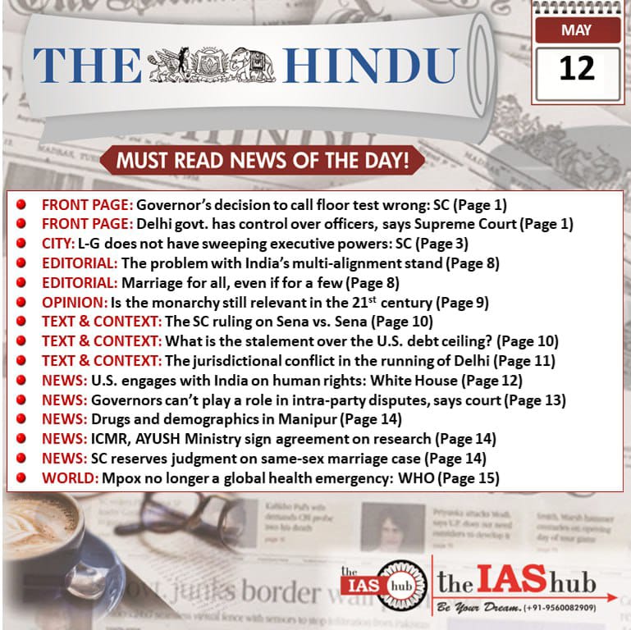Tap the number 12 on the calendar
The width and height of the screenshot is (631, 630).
pyautogui.click(x=576, y=68)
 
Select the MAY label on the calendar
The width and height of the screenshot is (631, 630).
pyautogui.click(x=576, y=31)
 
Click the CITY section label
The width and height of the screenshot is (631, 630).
pyautogui.click(x=57, y=244)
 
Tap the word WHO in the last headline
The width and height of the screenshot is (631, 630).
pyautogui.click(x=409, y=477)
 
